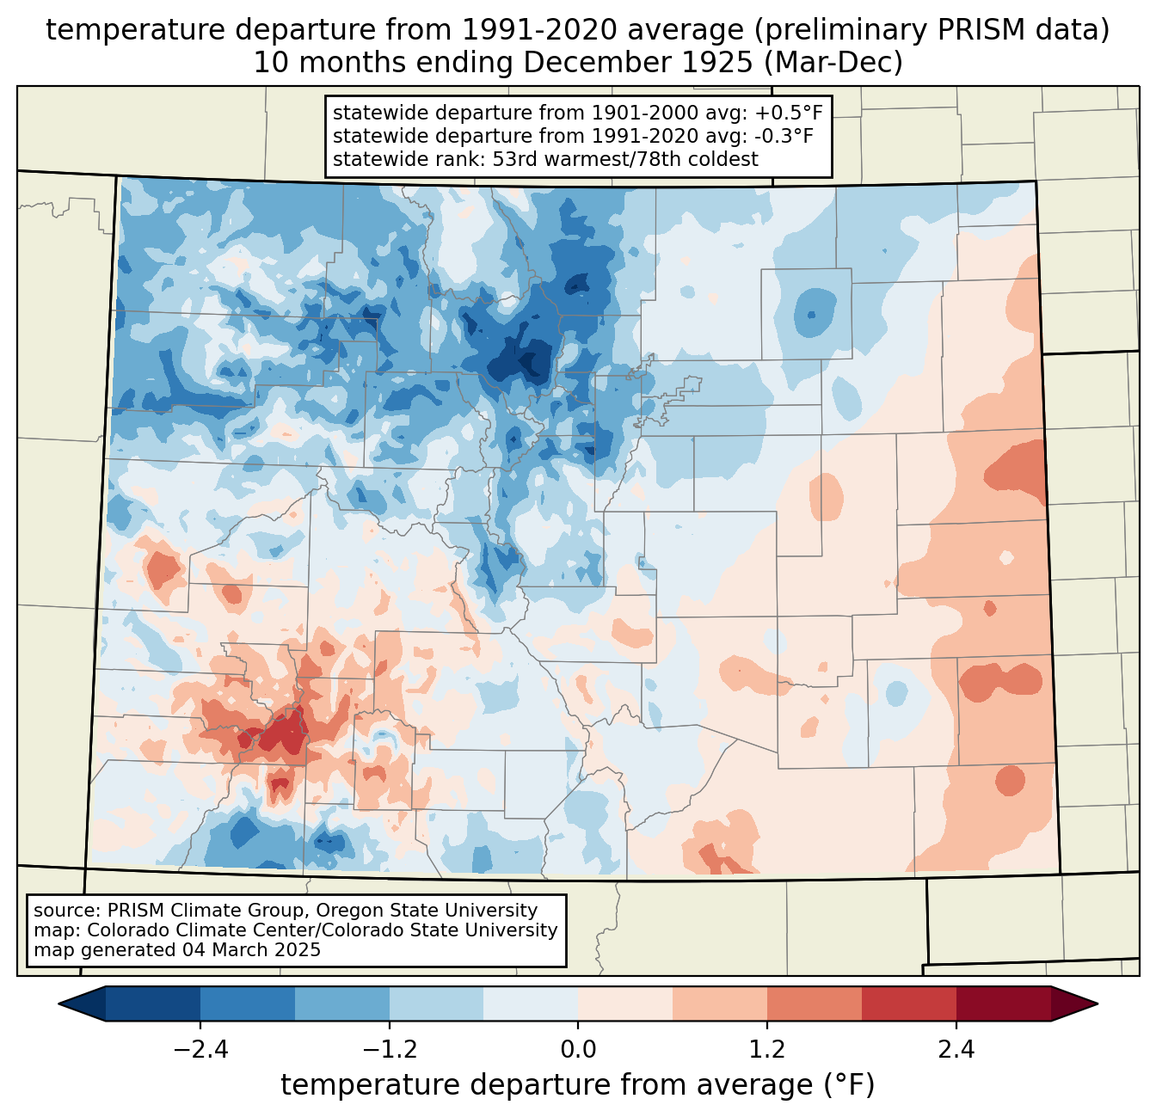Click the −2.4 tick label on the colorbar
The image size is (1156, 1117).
[200, 1050]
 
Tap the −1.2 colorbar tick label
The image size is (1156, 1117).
[389, 1050]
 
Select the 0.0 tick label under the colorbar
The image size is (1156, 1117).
[578, 1050]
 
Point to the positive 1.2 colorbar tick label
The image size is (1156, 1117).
[767, 1050]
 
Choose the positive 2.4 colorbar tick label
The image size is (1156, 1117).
[956, 1050]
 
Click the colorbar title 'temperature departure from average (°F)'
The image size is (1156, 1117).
[578, 1085]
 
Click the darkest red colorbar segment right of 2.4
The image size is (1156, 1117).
[1003, 1003]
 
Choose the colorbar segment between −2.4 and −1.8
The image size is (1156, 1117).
[247, 1003]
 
